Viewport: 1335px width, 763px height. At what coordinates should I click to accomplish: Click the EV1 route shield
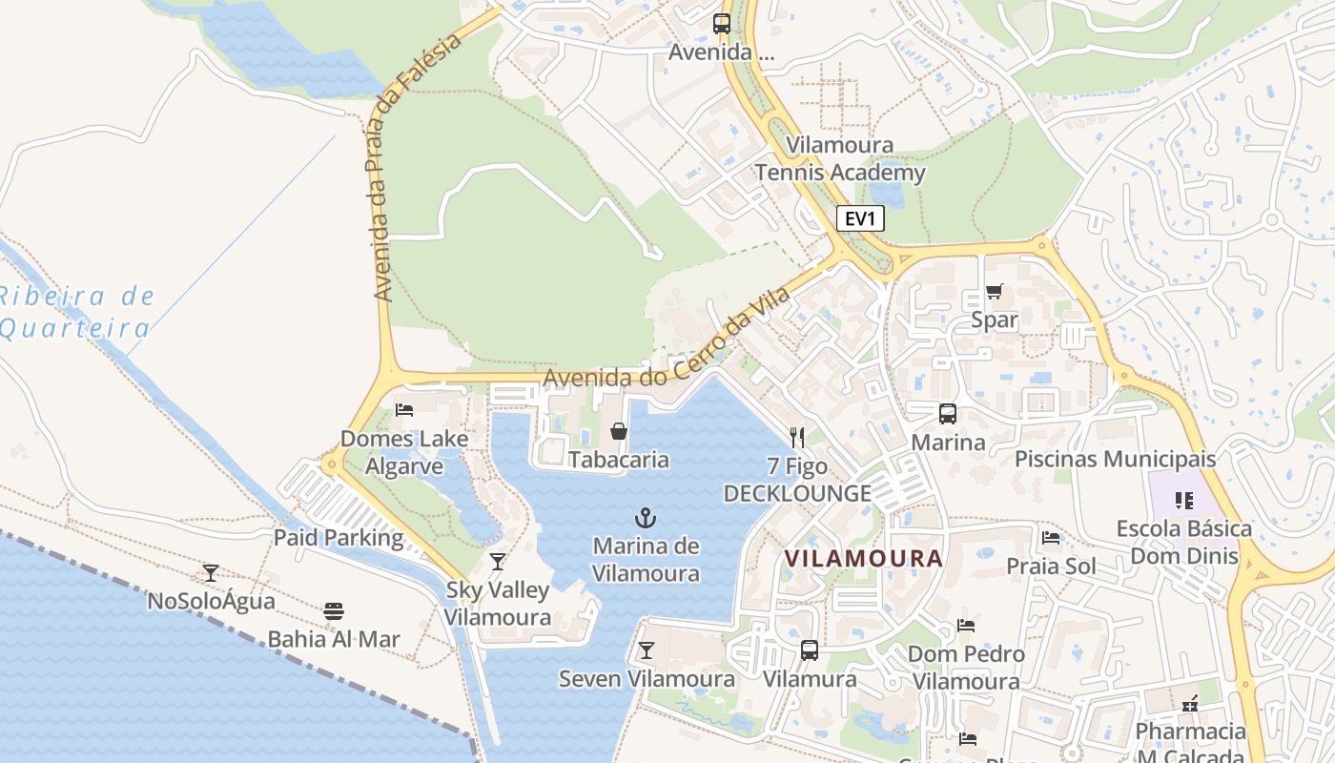[860, 218]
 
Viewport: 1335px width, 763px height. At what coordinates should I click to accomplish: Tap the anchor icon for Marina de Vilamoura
[646, 519]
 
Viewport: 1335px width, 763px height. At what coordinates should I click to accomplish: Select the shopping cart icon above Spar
[994, 291]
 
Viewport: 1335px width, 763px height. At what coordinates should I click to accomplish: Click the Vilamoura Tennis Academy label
[840, 159]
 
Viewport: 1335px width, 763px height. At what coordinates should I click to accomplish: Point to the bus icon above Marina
[947, 414]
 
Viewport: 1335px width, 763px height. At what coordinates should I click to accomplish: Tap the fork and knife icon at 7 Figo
[797, 438]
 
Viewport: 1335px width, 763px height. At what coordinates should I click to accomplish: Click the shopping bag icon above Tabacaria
[619, 431]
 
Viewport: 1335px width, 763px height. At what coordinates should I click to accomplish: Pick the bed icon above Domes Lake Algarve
[404, 410]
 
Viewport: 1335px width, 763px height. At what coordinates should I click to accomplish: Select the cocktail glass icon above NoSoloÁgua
[211, 572]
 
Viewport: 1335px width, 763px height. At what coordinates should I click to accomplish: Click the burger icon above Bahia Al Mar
[333, 610]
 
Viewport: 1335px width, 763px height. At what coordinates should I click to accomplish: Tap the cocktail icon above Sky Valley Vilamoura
[497, 561]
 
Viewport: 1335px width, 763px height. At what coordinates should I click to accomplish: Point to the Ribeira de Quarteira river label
[76, 312]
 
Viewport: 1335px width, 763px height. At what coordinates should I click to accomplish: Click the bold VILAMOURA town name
[863, 558]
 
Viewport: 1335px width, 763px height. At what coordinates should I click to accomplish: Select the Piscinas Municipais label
[1115, 459]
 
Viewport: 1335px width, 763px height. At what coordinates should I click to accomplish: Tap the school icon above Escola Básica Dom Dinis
[1184, 500]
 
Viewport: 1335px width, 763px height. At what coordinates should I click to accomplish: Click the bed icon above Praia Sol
[1051, 538]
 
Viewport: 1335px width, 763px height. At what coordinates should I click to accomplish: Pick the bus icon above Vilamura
[809, 650]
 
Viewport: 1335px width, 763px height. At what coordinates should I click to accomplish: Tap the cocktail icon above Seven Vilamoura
[647, 650]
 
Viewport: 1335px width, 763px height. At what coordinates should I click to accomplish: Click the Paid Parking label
[339, 538]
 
